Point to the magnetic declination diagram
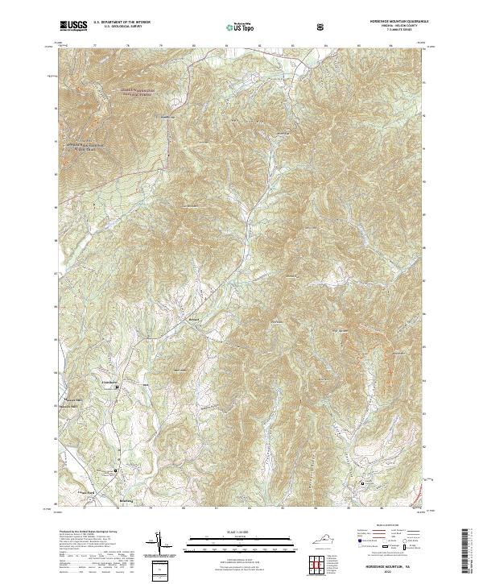[x=161, y=544]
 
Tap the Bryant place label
[x=192, y=318]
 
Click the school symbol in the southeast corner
[x=363, y=483]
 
